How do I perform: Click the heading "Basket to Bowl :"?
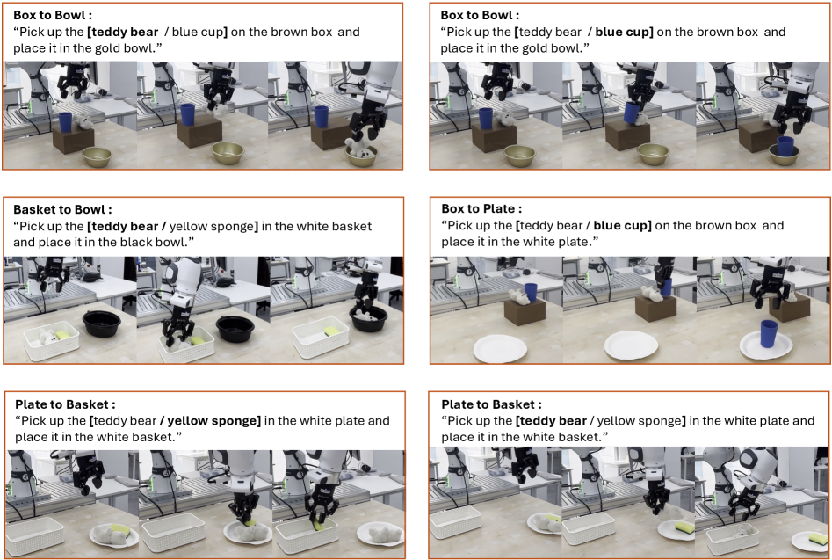click(x=62, y=209)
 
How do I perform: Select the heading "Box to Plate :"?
click(x=481, y=208)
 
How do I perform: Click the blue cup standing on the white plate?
click(x=769, y=334)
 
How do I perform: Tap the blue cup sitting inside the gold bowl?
click(x=785, y=147)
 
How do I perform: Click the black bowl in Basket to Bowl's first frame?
click(x=102, y=324)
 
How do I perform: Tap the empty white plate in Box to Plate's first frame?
click(x=501, y=349)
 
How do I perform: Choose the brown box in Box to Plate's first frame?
click(x=525, y=311)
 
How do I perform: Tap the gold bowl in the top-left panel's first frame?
click(x=98, y=156)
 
